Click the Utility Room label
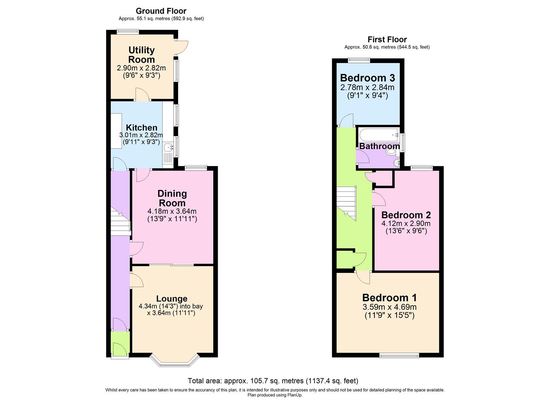point(141,55)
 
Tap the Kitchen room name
point(141,127)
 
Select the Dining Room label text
point(172,198)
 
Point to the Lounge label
point(172,299)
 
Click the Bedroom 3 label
point(367,78)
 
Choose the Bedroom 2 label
point(406,215)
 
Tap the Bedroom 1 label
point(389,297)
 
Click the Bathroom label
point(379,146)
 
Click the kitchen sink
point(169,147)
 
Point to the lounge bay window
point(175,361)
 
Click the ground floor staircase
point(120,222)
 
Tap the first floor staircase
point(346,202)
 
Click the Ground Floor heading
point(161,11)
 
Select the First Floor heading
point(387,39)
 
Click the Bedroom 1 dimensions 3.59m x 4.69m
point(389,307)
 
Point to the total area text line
point(273,381)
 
